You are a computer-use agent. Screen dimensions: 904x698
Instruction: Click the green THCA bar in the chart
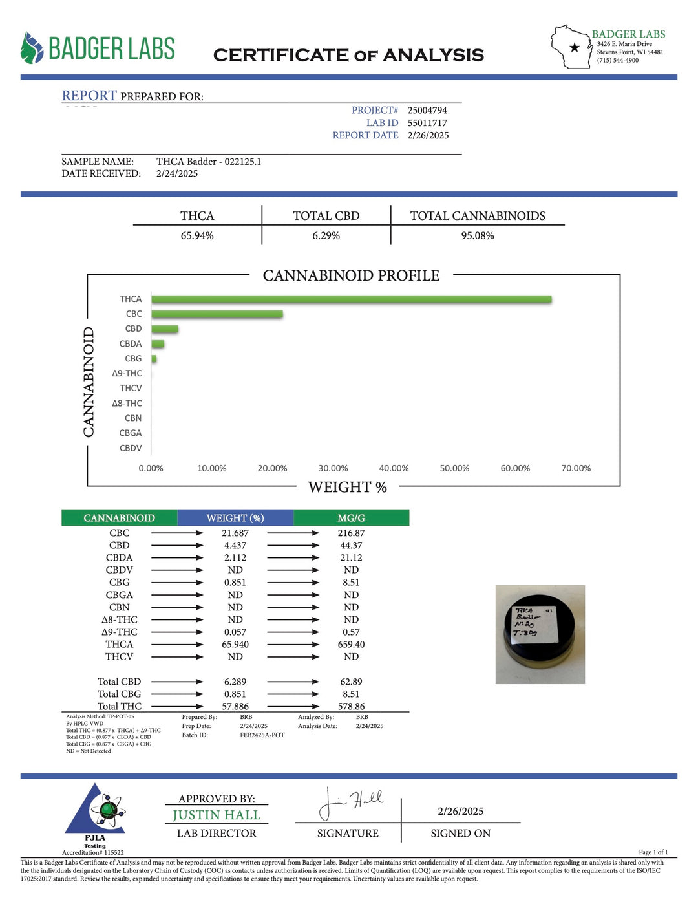click(x=351, y=299)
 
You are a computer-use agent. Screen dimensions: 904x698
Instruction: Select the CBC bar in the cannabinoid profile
click(x=217, y=314)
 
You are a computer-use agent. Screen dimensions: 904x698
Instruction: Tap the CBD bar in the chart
click(x=165, y=329)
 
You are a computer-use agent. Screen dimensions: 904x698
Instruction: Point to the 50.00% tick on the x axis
click(x=454, y=468)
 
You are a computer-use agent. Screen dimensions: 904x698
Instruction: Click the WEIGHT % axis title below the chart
click(x=348, y=488)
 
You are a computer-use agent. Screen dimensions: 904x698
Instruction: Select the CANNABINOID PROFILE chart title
click(x=351, y=275)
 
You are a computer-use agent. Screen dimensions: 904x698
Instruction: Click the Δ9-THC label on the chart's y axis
click(x=127, y=374)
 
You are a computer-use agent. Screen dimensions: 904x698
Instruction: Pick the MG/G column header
click(x=351, y=518)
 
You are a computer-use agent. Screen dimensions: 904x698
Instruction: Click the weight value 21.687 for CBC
click(x=235, y=533)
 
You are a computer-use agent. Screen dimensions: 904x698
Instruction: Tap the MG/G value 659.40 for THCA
click(x=351, y=645)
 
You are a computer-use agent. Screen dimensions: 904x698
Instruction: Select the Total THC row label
click(x=120, y=706)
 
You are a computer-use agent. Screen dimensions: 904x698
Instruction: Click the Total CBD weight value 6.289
click(x=235, y=682)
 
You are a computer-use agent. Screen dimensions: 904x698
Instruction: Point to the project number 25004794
click(x=427, y=111)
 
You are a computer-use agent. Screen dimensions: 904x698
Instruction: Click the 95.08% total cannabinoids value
click(x=478, y=236)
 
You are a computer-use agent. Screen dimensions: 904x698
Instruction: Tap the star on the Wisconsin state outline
click(x=575, y=47)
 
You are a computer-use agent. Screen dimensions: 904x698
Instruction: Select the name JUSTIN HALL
click(x=217, y=815)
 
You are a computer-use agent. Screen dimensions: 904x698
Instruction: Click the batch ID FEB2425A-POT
click(x=262, y=735)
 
